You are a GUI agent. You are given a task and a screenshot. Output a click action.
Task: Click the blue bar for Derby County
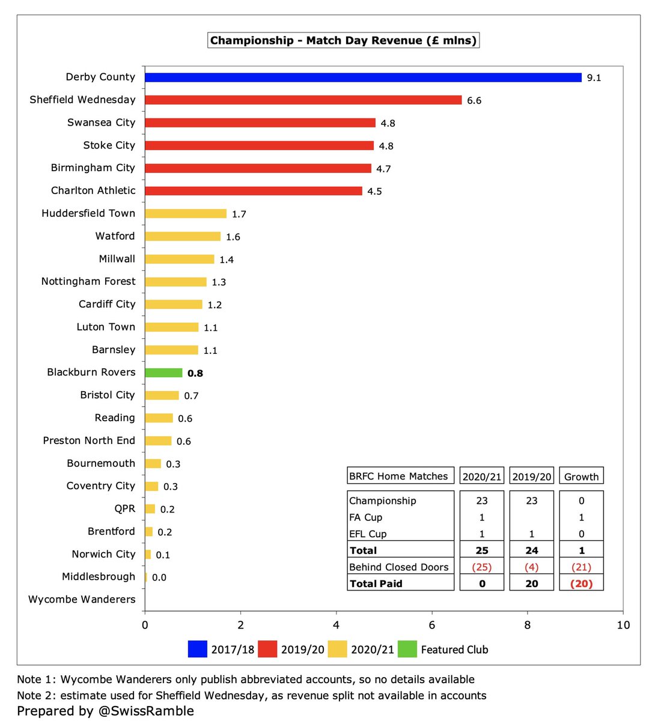click(363, 78)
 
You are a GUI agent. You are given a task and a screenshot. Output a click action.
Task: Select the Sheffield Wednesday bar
click(303, 100)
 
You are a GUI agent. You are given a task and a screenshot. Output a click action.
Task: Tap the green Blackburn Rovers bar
click(163, 373)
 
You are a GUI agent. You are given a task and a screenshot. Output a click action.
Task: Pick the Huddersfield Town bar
click(186, 214)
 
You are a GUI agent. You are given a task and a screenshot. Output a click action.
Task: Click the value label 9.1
click(594, 78)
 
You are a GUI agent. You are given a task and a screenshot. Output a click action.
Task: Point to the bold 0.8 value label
click(195, 373)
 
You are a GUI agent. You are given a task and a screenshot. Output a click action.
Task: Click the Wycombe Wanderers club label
click(82, 599)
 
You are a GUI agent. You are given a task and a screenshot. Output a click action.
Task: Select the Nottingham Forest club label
click(88, 281)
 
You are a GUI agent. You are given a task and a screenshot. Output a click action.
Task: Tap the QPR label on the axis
click(124, 508)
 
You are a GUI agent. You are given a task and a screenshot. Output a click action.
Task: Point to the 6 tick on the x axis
click(432, 625)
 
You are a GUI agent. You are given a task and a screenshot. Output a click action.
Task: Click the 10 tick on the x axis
click(623, 625)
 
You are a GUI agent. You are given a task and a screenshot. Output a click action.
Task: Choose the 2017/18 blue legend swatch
click(198, 649)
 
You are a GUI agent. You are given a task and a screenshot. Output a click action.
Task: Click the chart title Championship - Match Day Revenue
click(343, 41)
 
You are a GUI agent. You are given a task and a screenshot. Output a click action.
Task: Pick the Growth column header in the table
click(581, 476)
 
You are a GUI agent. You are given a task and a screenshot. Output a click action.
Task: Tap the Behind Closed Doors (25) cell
click(481, 567)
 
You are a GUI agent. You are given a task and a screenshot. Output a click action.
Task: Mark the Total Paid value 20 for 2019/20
click(531, 583)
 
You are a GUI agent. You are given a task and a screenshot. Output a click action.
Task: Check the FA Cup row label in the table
click(365, 517)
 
